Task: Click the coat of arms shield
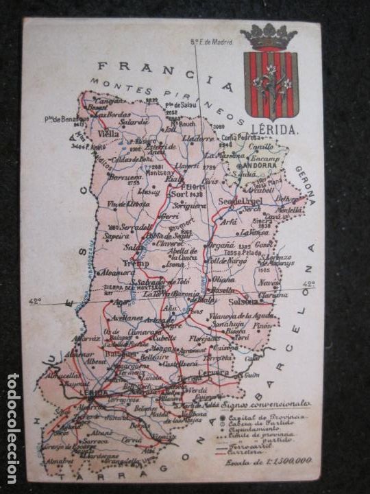click(271, 84)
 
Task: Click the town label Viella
click(108, 134)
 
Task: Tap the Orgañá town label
click(223, 246)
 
